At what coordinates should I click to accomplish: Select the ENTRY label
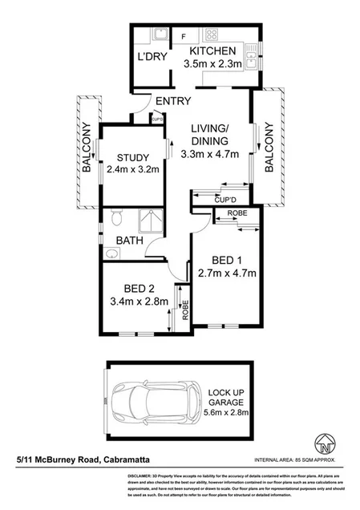(172, 101)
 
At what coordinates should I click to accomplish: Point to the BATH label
(129, 240)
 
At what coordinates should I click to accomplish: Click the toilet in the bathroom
(116, 217)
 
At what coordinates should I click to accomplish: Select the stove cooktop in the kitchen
(213, 34)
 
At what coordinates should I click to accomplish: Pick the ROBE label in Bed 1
(237, 213)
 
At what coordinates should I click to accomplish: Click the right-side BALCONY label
(269, 147)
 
